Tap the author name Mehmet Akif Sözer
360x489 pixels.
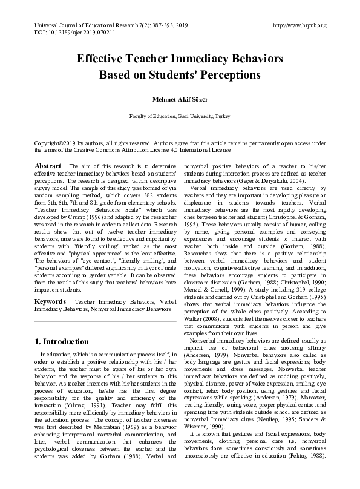pyautogui.click(x=179, y=99)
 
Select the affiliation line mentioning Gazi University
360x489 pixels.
pyautogui.click(x=179, y=116)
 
